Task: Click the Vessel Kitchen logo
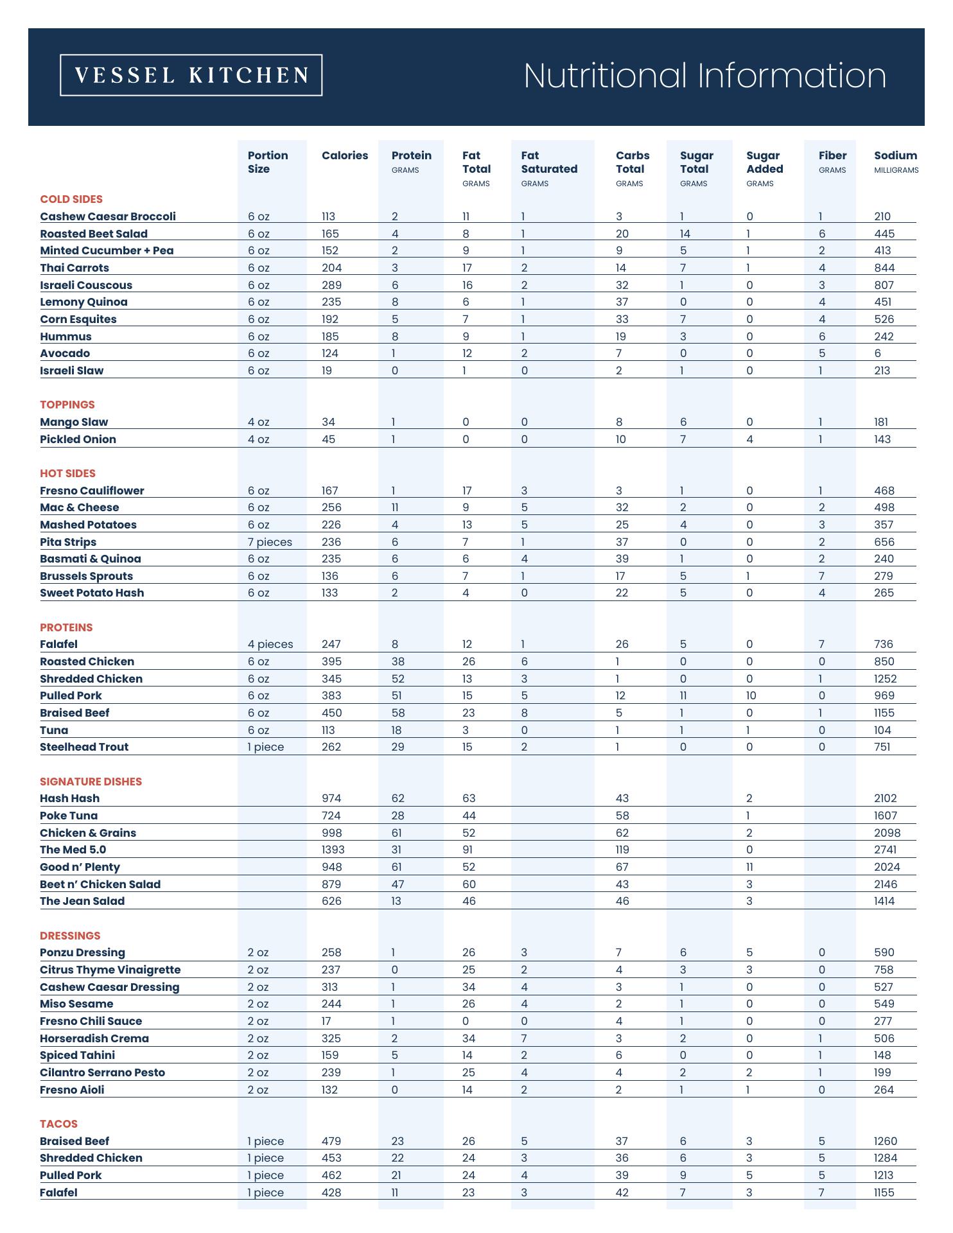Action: tap(191, 75)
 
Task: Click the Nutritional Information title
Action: tap(704, 75)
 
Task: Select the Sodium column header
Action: tap(895, 155)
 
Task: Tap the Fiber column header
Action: tap(832, 155)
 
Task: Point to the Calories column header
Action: tap(345, 155)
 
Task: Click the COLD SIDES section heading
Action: tap(71, 199)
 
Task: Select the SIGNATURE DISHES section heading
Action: tap(91, 782)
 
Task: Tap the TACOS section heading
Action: tap(58, 1124)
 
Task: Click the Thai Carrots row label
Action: tap(74, 268)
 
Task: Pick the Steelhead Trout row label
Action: tap(84, 747)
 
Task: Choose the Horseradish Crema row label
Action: tap(94, 1038)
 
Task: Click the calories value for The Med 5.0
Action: tap(333, 850)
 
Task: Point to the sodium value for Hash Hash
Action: tap(887, 798)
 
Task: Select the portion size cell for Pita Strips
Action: tap(270, 542)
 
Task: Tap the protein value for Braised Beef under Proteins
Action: tap(398, 713)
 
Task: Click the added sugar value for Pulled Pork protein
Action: tap(751, 695)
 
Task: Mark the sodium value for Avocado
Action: tap(878, 353)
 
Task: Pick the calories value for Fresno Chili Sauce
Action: tap(326, 1021)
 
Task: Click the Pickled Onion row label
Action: tap(78, 439)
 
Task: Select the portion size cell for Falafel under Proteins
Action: tap(270, 644)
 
